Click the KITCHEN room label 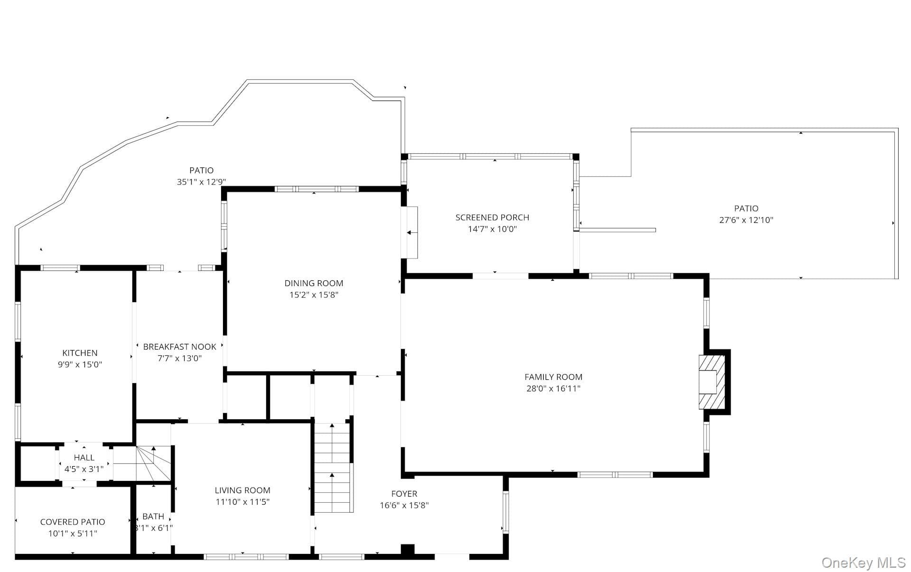point(80,353)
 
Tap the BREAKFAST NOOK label point(180,347)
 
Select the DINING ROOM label point(314,283)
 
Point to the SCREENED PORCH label point(492,217)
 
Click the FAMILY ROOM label point(553,377)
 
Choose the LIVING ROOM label point(242,490)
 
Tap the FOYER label point(404,494)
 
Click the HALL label point(84,458)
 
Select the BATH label point(153,517)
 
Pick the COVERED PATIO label point(73,522)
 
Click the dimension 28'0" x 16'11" point(553,389)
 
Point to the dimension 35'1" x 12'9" point(202,182)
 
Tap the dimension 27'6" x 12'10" point(746,220)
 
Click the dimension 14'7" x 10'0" point(492,229)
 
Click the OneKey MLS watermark point(864,563)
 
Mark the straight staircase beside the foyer point(333,468)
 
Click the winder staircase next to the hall point(153,463)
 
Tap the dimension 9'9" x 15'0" point(80,365)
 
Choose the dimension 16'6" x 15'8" point(404,506)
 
